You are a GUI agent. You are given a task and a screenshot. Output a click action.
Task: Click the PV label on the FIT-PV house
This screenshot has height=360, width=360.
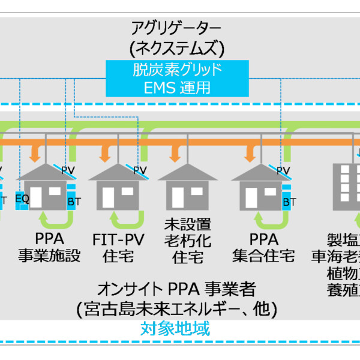[140, 170]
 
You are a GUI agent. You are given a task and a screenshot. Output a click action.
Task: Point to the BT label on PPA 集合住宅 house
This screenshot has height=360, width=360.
[289, 202]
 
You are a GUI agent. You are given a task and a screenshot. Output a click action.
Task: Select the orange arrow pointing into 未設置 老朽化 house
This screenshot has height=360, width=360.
[175, 154]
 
